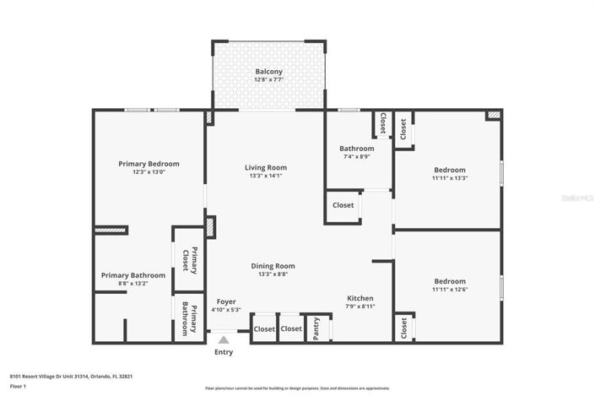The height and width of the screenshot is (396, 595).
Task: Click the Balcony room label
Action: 268,72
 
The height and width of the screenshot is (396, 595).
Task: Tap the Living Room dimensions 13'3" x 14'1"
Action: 266,176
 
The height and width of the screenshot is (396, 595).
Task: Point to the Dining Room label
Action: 273,266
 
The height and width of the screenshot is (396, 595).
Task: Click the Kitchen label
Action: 360,298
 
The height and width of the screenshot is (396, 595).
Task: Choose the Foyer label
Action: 225,301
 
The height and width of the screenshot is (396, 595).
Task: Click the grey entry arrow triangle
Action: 224,339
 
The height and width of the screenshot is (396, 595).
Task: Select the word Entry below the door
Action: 224,352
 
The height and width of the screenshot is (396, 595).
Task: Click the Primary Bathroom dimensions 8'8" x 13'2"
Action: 133,284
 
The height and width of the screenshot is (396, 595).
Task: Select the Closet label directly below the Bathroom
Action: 343,205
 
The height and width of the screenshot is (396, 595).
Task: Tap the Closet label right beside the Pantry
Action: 291,328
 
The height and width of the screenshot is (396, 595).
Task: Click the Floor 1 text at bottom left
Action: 19,386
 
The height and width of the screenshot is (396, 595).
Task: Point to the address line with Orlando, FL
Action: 71,376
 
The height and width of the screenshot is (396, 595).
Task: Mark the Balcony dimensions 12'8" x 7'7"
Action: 268,81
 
